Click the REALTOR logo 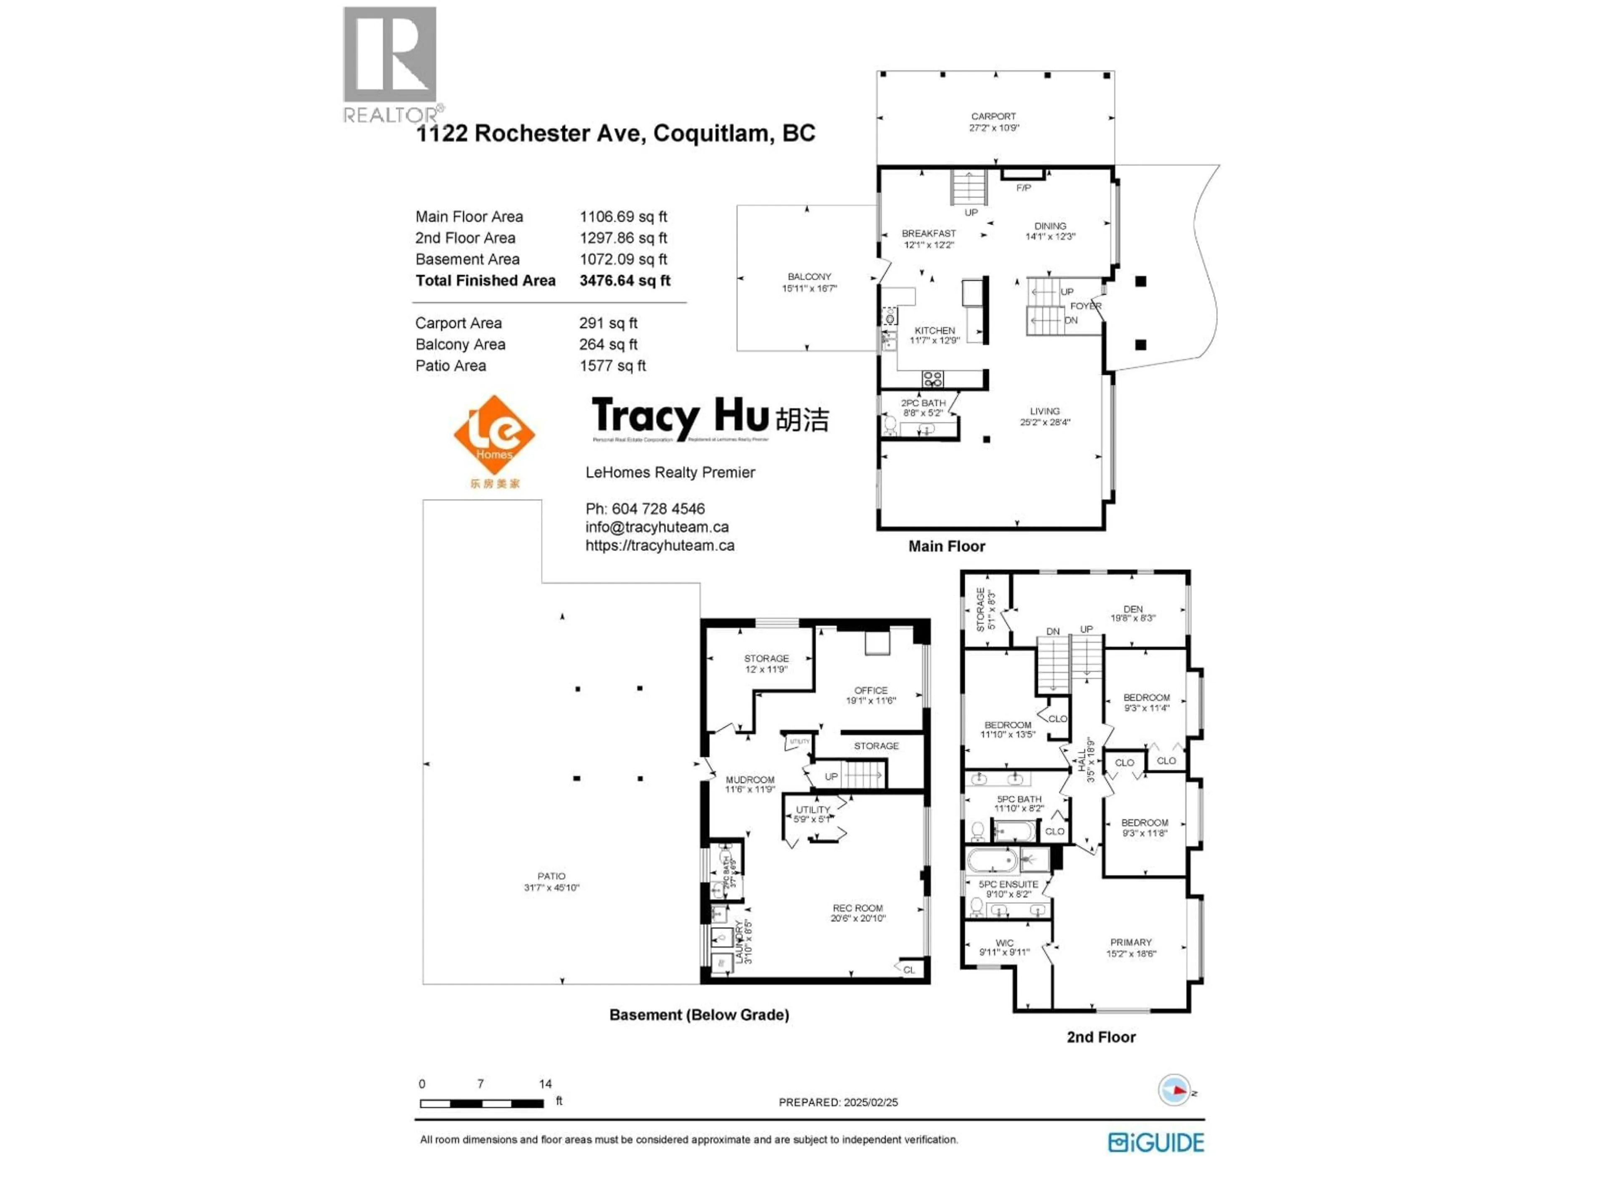[x=390, y=64]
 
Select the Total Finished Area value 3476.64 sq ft [x=625, y=281]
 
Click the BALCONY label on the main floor [x=809, y=282]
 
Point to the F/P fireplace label [x=1023, y=188]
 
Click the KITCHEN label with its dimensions [x=934, y=335]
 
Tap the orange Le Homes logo [x=494, y=435]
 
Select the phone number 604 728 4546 [x=658, y=509]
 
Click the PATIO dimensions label [x=551, y=882]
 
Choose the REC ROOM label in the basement [x=857, y=913]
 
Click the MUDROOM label [x=750, y=784]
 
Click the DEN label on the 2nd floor [x=1133, y=614]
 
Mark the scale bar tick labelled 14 [x=545, y=1084]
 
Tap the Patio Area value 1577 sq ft [x=612, y=366]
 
